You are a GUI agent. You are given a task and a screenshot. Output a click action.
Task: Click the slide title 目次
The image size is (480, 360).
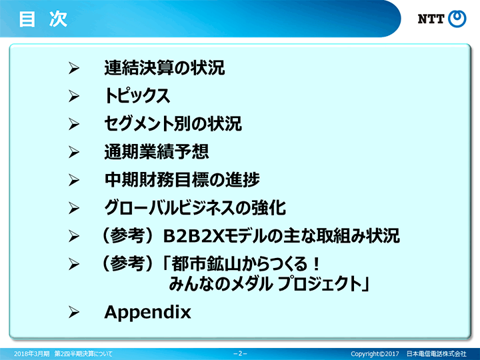[x=43, y=19]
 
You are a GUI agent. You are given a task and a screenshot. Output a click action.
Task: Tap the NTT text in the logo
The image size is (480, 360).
[x=431, y=19]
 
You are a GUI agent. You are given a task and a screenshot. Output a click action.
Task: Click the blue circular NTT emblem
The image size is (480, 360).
[x=457, y=19]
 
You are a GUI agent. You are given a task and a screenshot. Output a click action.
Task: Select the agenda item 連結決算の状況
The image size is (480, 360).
[x=165, y=67]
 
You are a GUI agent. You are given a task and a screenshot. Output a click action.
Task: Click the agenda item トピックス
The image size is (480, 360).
[x=137, y=96]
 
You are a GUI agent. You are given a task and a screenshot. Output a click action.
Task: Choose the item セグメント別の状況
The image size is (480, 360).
[x=173, y=124]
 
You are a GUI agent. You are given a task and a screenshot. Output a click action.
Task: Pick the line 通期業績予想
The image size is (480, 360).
[x=157, y=151]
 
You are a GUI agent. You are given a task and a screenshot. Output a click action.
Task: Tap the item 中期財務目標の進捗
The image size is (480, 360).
[x=182, y=180]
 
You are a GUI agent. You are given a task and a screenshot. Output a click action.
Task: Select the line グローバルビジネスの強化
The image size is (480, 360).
[x=195, y=208]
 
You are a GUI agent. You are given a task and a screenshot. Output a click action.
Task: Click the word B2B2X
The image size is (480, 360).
[x=194, y=236]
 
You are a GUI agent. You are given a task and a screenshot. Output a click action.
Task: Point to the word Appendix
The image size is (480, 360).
[x=147, y=313]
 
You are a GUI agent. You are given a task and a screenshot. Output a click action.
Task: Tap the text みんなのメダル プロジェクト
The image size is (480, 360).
[x=265, y=283]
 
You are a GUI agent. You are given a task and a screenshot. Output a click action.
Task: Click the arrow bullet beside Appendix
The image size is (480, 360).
[x=74, y=312]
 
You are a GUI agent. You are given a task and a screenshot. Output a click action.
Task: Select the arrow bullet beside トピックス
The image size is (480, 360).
[x=74, y=96]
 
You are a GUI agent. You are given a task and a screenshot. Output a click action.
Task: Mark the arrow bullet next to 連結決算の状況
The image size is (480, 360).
[x=74, y=68]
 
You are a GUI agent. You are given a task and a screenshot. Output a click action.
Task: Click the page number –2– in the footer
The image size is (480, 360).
[x=240, y=353]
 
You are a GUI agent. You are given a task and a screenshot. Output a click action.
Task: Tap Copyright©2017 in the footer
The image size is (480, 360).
[x=375, y=354]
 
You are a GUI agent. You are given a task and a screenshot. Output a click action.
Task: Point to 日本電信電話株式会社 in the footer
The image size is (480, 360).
[x=436, y=354]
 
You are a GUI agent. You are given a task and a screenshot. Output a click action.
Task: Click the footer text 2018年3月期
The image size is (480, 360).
[x=31, y=354]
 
